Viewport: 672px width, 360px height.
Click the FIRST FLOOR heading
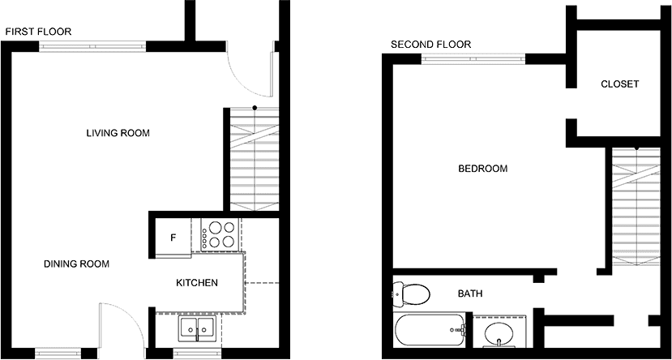click(38, 32)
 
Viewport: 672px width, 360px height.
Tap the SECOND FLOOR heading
click(430, 44)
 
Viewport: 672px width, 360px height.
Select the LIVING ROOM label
click(118, 133)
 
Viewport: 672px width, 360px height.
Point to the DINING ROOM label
click(77, 264)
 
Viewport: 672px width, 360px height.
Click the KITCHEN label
click(197, 283)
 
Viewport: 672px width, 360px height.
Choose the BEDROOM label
click(483, 169)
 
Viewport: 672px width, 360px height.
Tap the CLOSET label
click(619, 84)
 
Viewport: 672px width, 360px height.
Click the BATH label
click(470, 294)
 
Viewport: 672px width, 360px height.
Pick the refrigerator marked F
click(173, 238)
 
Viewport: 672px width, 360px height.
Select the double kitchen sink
click(198, 329)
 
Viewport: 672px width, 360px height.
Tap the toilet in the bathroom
click(412, 294)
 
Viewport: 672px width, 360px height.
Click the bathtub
click(429, 330)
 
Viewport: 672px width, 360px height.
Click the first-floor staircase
click(255, 159)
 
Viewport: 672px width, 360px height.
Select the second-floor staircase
click(636, 207)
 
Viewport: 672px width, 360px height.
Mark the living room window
click(92, 46)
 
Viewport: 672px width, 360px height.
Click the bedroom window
click(473, 59)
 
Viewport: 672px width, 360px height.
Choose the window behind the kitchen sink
click(198, 354)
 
